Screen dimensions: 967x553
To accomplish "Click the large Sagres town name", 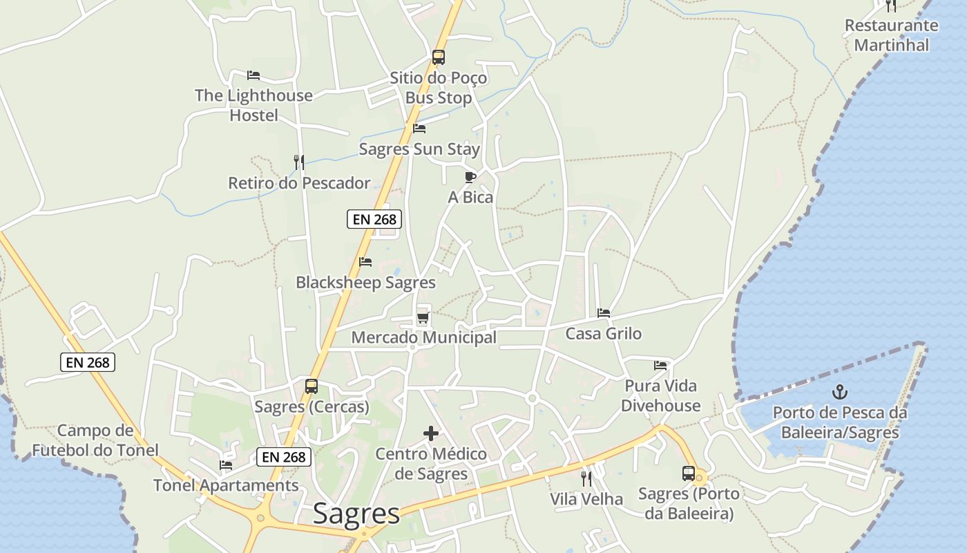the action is (356, 514).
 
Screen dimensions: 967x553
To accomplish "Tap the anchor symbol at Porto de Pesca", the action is (839, 393).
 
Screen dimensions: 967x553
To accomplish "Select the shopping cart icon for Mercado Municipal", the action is (423, 318).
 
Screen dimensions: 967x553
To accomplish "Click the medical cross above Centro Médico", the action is (431, 434).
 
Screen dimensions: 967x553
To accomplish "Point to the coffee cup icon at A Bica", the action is (470, 178).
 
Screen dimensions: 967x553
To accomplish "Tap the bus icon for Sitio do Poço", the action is (439, 57).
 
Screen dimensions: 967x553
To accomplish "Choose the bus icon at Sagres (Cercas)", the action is (312, 386).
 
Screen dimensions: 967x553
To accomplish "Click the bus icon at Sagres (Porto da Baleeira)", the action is (689, 474).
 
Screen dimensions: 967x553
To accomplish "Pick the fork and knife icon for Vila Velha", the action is (586, 479).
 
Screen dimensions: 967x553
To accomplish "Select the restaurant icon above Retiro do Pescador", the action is (298, 162).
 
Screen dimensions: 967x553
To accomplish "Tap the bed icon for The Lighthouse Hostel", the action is (253, 75).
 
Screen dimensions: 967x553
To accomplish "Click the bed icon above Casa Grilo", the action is (604, 313).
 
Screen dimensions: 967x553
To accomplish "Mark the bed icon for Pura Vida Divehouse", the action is (660, 366).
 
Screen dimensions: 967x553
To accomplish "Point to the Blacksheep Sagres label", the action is (365, 283).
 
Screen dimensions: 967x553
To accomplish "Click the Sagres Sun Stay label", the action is (419, 149).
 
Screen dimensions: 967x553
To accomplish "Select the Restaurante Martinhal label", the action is (891, 35).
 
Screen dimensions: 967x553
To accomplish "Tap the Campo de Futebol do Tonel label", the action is (95, 440).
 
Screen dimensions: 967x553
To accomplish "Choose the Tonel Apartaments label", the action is (226, 485).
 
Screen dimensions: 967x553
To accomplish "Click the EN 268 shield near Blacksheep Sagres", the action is (374, 219).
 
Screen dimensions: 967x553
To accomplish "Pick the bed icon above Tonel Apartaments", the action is (226, 465).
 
